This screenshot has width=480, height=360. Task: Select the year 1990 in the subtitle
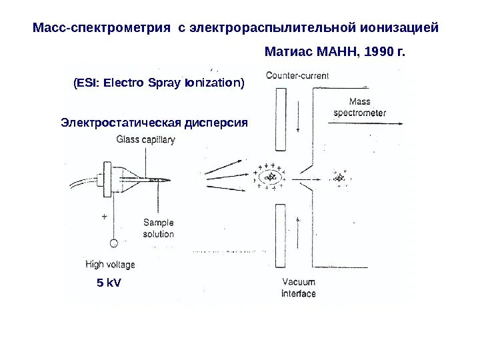point(377,51)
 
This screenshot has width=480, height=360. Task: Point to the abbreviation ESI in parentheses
point(85,83)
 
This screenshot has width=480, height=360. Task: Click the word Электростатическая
point(120,123)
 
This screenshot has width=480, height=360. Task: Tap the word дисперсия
point(215,123)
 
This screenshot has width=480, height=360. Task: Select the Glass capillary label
point(145,140)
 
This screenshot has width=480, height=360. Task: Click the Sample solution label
point(158,228)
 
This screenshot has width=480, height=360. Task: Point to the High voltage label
point(110,265)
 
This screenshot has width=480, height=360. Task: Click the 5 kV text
point(109,283)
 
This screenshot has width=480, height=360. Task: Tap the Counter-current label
point(297,76)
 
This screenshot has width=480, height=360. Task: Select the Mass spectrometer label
point(359,107)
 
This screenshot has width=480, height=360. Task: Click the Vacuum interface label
point(298,287)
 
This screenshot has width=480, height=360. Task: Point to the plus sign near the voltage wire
point(104,217)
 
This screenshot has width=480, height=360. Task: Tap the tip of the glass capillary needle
point(169,180)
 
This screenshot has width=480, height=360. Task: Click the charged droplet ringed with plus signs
point(269,177)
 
